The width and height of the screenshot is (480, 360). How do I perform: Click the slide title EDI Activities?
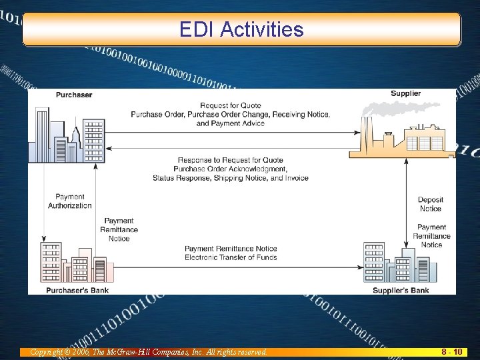[241, 29]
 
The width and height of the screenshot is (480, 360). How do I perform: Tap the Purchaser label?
[74, 95]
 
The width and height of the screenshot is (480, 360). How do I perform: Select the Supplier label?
[405, 93]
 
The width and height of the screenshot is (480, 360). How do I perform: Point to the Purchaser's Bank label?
[77, 291]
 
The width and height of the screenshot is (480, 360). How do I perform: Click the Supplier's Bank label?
[401, 291]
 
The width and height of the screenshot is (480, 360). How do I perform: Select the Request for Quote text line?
[230, 105]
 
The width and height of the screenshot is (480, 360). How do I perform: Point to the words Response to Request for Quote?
[231, 160]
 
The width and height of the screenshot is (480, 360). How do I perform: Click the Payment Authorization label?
[70, 201]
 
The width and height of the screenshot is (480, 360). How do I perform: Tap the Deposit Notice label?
[431, 204]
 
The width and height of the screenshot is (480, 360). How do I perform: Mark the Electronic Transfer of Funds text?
[231, 257]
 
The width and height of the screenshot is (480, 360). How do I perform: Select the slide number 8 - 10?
[453, 351]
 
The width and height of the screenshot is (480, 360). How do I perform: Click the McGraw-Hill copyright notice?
[143, 351]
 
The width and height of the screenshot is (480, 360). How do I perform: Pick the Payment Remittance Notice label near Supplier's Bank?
[431, 236]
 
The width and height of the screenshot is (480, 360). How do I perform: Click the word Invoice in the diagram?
[295, 178]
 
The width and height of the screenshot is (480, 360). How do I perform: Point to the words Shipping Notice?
[243, 178]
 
